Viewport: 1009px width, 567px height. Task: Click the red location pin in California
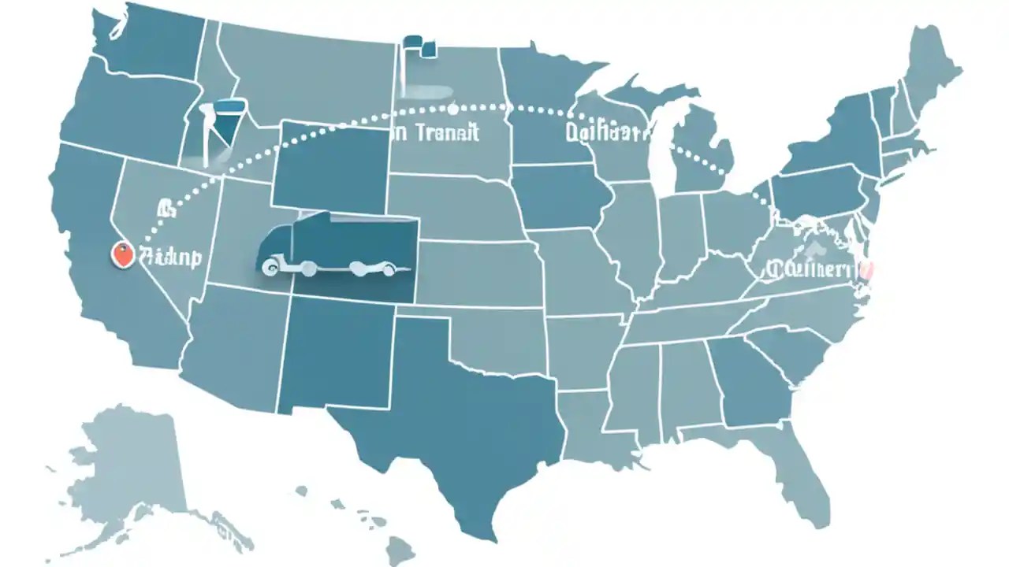pyautogui.click(x=121, y=254)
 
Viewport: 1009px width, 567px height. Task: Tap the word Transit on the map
pyautogui.click(x=446, y=132)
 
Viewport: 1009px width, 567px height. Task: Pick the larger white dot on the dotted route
pyautogui.click(x=453, y=109)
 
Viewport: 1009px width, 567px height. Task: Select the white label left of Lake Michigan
pyautogui.click(x=605, y=131)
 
